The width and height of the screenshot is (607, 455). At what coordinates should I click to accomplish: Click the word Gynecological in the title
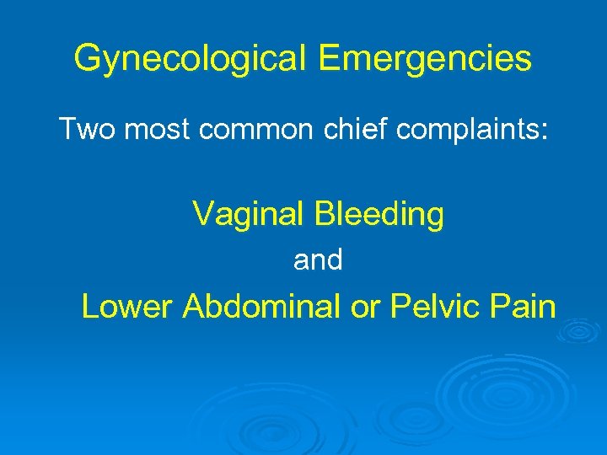(x=193, y=59)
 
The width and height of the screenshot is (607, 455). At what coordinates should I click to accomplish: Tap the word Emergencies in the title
(x=426, y=59)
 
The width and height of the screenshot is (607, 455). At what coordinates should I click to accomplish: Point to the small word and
(x=318, y=261)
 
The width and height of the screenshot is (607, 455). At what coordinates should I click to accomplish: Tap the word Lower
(x=127, y=307)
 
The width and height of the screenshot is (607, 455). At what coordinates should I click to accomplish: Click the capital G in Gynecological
(x=87, y=59)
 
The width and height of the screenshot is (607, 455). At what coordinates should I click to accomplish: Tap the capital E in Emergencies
(x=330, y=59)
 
